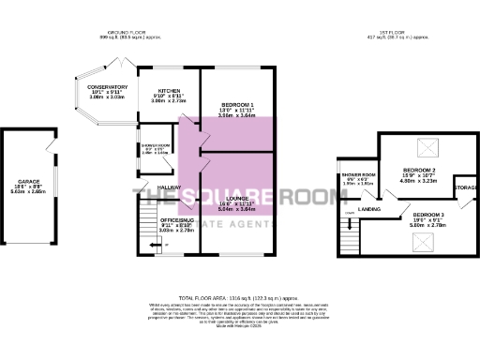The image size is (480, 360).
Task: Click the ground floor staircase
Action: click(144, 230)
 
